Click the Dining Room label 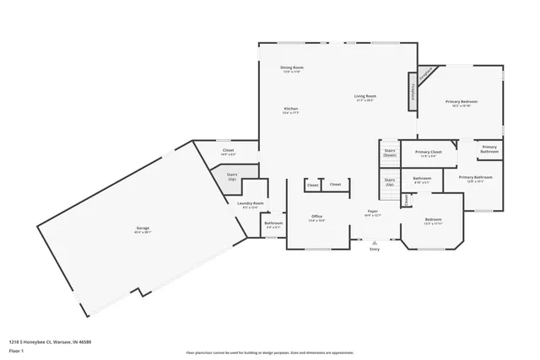pos(292,67)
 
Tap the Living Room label pos(364,97)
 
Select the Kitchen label pos(291,110)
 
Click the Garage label pos(143,228)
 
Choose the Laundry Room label pos(251,203)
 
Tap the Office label pos(316,217)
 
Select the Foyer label pos(372,212)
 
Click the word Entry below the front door pos(374,249)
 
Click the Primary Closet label pos(429,153)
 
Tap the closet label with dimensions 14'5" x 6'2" pos(228,152)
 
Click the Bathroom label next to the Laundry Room pos(273,224)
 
